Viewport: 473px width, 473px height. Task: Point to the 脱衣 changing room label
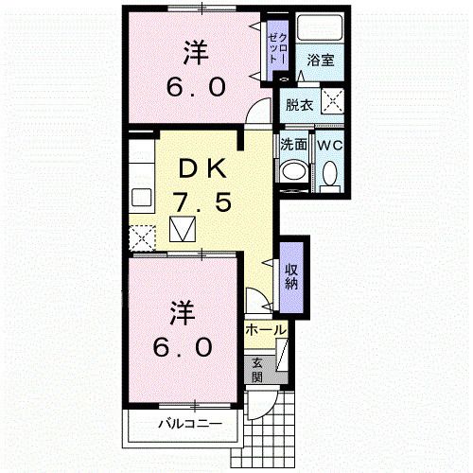[x=299, y=104]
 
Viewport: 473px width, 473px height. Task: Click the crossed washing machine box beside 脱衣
[x=331, y=102]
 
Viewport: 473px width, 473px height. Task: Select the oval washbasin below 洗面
[x=293, y=173]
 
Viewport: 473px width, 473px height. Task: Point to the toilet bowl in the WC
[x=328, y=174]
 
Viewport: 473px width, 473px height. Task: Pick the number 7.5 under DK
[x=201, y=201]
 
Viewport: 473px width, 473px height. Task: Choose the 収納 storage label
[x=291, y=276]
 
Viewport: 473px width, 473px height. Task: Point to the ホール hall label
[x=266, y=329]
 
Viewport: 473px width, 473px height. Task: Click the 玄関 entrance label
[x=257, y=368]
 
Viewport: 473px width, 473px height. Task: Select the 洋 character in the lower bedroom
[x=184, y=309]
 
